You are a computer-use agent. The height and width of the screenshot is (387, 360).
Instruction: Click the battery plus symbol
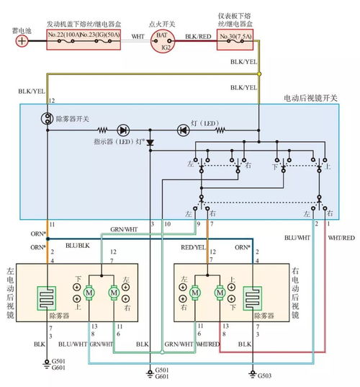pyautogui.click(x=22, y=40)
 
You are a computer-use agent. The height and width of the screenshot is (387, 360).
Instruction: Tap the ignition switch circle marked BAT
pyautogui.click(x=163, y=35)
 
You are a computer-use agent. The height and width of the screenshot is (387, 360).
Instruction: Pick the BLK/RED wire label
pyautogui.click(x=196, y=35)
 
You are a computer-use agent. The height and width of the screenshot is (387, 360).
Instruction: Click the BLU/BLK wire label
pyautogui.click(x=74, y=245)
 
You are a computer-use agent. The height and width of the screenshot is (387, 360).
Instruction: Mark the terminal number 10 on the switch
pyautogui.click(x=168, y=226)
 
